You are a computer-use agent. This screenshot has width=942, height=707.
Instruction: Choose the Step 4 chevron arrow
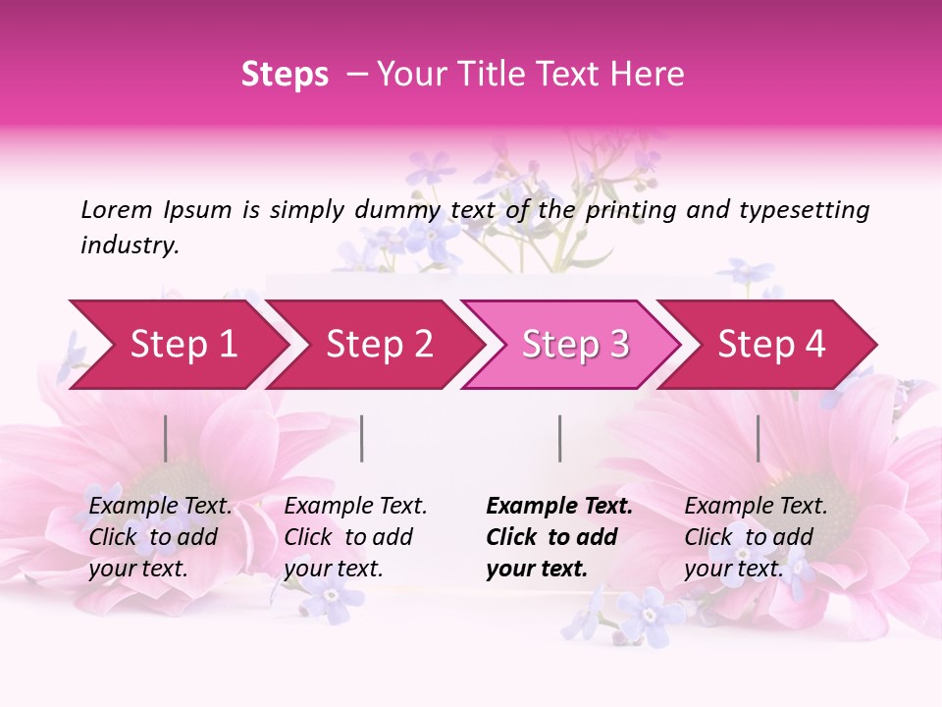tap(771, 345)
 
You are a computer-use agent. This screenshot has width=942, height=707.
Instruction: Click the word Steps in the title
tap(285, 75)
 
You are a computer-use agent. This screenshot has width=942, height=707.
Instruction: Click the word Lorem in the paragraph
tap(116, 209)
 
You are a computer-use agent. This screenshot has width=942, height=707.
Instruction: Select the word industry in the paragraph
tap(129, 245)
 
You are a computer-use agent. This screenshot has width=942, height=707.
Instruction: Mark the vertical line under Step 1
tap(166, 438)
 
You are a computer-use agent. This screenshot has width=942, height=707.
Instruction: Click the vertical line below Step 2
tap(362, 438)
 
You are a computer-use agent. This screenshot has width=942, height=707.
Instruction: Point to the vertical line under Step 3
tap(559, 438)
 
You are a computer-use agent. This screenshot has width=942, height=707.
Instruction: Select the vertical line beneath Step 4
tap(758, 438)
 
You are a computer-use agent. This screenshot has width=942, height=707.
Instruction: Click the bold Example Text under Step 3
tap(559, 507)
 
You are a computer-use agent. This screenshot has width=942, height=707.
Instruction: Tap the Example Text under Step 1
tap(160, 507)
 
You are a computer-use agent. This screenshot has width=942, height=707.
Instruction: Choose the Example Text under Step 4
tap(756, 507)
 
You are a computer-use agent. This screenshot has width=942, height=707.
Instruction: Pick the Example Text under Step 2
tap(355, 507)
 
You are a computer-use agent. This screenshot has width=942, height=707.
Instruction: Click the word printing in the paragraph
tap(630, 209)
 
